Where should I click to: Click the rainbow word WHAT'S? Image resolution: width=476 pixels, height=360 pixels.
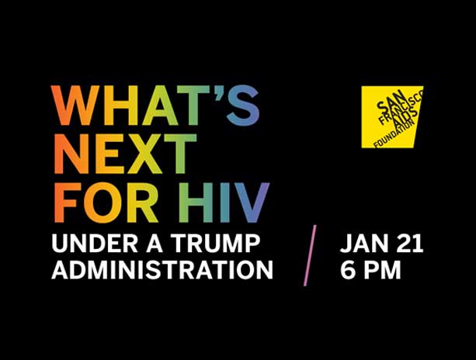(155, 106)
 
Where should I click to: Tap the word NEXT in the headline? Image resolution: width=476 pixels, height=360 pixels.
(124, 154)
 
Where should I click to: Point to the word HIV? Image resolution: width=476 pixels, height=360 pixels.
(224, 202)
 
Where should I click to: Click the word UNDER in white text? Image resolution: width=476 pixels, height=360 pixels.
(95, 244)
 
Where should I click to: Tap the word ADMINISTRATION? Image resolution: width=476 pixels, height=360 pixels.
(162, 270)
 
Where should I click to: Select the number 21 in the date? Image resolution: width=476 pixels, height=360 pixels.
(409, 244)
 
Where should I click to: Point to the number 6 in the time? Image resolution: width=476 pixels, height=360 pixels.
(348, 270)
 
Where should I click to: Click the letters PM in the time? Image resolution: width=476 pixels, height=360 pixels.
(382, 270)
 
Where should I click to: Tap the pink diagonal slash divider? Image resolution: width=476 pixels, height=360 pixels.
(310, 255)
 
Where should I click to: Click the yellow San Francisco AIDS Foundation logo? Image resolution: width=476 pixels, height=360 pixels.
(392, 116)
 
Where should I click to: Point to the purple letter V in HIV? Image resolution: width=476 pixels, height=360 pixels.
(251, 202)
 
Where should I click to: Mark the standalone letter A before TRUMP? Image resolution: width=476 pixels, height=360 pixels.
(155, 244)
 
